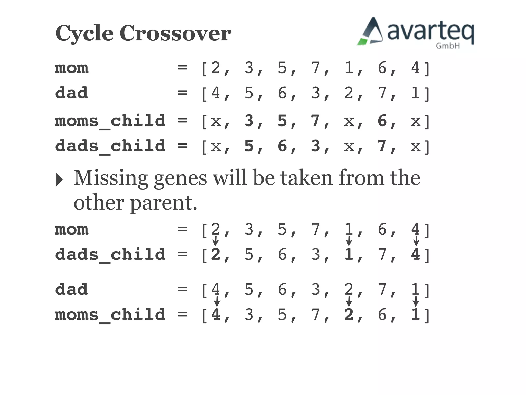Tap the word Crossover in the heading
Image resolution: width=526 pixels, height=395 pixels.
175,33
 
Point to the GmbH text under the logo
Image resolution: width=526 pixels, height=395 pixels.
448,46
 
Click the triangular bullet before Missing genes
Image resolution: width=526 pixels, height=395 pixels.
59,179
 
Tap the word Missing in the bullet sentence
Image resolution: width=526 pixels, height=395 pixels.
111,178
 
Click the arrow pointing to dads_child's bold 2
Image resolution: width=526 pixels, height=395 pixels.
215,241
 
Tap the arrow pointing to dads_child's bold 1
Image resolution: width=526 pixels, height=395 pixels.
349,241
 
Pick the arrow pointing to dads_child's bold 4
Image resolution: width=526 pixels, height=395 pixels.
416,241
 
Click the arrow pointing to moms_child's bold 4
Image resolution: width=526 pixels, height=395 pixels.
217,301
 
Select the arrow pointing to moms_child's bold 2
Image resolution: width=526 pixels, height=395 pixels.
349,301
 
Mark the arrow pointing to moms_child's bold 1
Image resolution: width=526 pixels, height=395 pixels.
416,301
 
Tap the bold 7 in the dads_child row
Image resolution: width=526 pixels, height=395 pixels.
382,146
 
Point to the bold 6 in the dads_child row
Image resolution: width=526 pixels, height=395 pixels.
282,146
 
